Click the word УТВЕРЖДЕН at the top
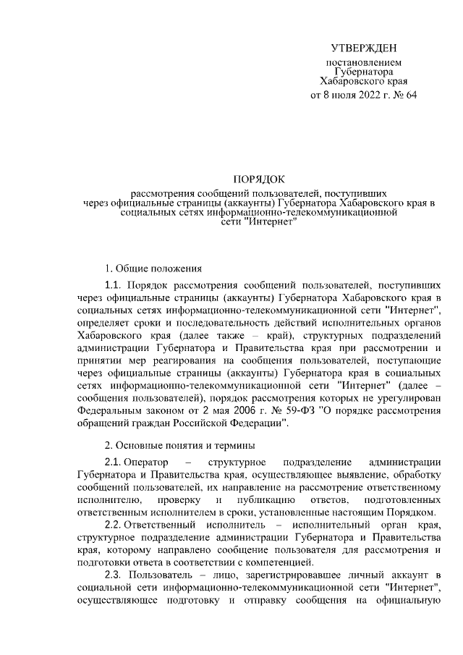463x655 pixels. (364, 48)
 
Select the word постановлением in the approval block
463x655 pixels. (363, 64)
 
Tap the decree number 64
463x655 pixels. (411, 94)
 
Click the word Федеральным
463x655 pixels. (110, 410)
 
